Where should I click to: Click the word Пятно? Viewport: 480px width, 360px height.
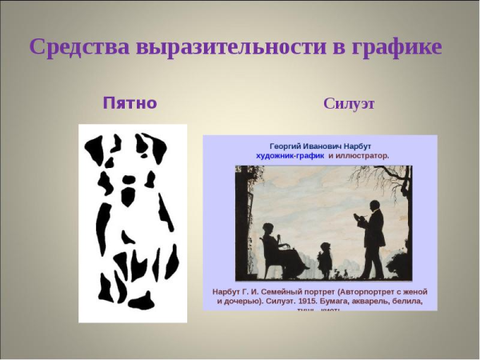[x=130, y=103]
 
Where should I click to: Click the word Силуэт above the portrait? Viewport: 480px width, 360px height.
[x=350, y=104]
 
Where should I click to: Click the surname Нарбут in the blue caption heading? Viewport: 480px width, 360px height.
[x=355, y=146]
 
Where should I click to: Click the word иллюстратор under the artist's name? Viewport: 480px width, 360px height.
[x=364, y=156]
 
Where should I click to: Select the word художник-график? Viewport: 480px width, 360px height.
[x=290, y=156]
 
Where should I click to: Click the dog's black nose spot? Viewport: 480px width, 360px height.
[x=128, y=194]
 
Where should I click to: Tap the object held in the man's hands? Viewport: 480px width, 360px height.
[x=358, y=216]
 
